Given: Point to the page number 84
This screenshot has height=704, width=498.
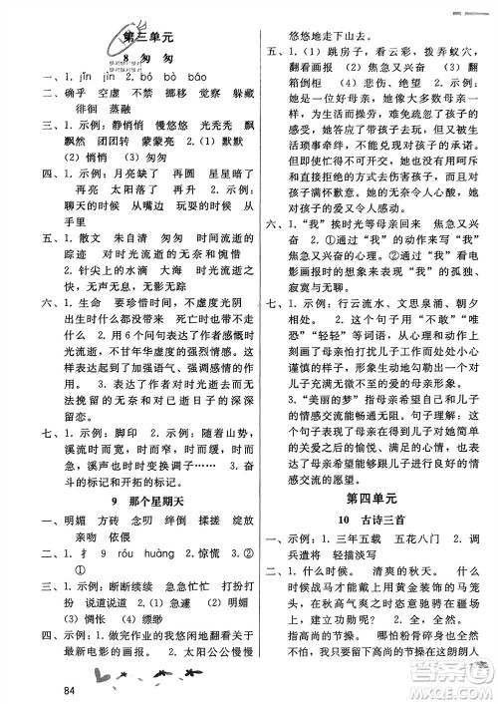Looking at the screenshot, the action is pos(68,690).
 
